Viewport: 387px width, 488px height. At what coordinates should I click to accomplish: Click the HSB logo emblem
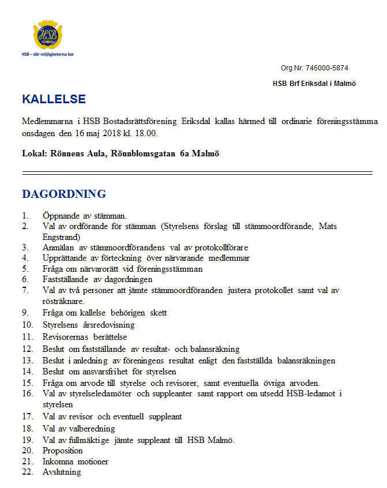[x=48, y=36]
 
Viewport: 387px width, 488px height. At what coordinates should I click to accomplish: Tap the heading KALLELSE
[x=54, y=99]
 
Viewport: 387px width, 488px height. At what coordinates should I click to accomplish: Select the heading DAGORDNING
[x=63, y=194]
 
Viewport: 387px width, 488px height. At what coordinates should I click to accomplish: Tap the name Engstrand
[x=61, y=237]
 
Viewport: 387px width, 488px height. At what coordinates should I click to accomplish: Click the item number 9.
[x=25, y=313]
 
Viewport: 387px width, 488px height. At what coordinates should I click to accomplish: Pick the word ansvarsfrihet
[x=104, y=372]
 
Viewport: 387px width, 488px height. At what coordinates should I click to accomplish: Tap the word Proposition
[x=62, y=451]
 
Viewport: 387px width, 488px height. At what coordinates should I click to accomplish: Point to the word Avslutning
[x=62, y=472]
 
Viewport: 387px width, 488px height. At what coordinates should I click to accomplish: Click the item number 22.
[x=27, y=472]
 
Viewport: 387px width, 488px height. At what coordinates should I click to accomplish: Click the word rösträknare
[x=63, y=301]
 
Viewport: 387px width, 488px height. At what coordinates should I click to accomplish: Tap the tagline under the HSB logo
[x=47, y=54]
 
